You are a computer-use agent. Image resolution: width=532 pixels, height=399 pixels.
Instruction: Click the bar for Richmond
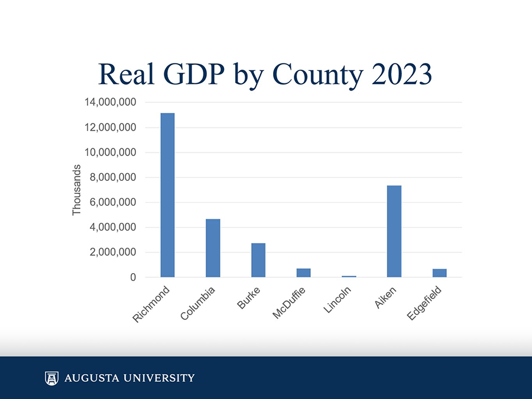(x=167, y=195)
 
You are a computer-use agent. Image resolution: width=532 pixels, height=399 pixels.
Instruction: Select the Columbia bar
(x=213, y=248)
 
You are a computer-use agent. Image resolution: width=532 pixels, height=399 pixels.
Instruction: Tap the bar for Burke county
(x=258, y=260)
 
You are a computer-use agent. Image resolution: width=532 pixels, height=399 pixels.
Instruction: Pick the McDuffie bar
(x=303, y=273)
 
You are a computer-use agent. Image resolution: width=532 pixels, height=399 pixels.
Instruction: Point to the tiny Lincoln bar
(x=349, y=276)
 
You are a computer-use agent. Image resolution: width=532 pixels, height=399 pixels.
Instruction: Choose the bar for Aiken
(x=394, y=231)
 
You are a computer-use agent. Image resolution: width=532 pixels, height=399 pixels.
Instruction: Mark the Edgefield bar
(x=439, y=273)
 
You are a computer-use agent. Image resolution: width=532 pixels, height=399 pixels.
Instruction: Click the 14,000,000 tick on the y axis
(x=111, y=102)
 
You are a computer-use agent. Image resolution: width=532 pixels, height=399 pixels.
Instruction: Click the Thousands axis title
(x=76, y=190)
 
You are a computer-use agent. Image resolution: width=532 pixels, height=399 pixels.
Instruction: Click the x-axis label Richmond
(x=152, y=305)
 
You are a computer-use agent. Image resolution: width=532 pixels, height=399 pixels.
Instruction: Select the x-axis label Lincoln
(x=338, y=301)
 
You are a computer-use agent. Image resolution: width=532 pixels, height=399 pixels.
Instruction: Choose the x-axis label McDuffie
(x=289, y=304)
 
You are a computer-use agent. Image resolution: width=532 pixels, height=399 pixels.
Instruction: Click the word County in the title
(x=310, y=75)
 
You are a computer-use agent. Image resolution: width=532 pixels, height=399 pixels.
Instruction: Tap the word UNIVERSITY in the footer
(x=160, y=378)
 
